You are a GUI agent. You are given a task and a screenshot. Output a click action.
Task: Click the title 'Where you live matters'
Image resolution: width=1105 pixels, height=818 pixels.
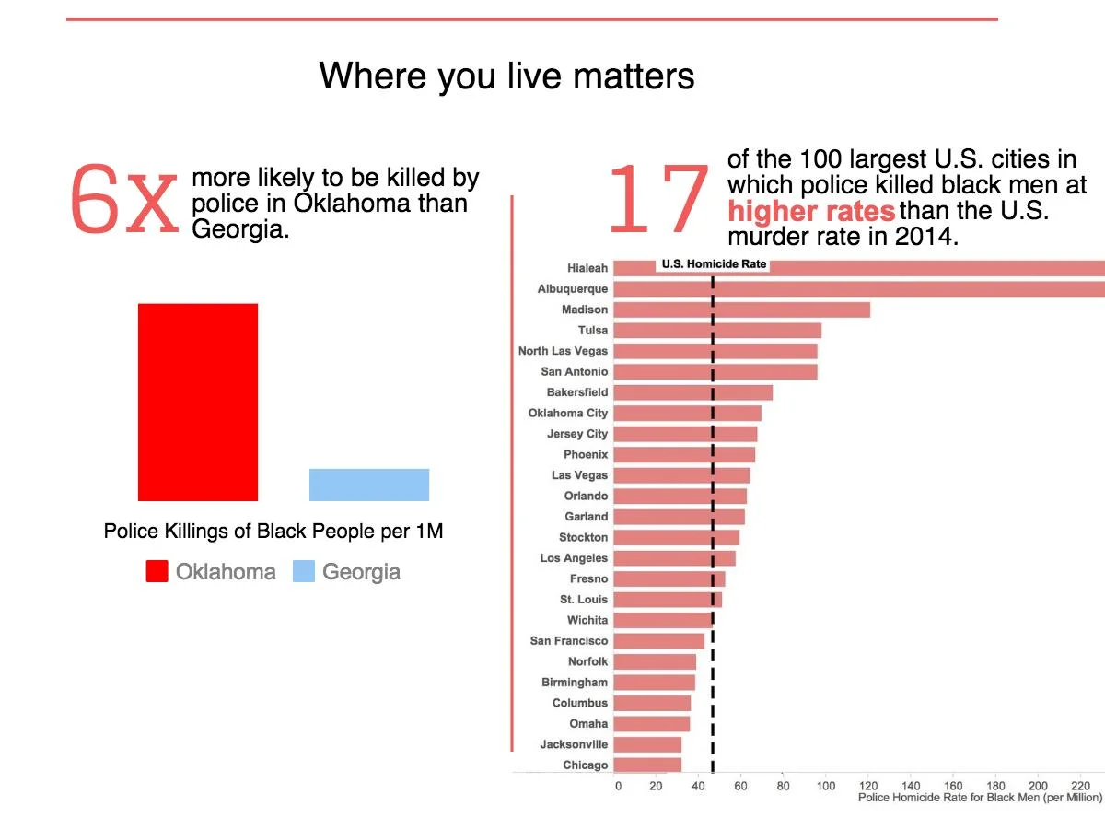click(x=506, y=76)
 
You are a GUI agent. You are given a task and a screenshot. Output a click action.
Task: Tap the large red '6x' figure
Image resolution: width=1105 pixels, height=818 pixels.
click(x=122, y=199)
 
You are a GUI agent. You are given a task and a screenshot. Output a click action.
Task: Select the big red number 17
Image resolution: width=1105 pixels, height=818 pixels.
click(x=657, y=199)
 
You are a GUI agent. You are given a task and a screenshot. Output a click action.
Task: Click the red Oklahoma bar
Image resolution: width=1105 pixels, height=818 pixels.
click(x=198, y=402)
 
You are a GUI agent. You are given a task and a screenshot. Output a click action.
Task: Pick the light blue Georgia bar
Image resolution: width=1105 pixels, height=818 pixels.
click(x=368, y=485)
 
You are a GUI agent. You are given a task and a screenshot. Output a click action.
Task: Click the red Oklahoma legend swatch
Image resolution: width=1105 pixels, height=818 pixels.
click(x=157, y=572)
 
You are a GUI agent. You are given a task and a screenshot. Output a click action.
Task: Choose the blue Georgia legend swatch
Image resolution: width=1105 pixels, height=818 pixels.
click(x=304, y=572)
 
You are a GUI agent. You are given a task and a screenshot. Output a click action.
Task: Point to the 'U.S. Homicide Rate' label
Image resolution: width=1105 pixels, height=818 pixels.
click(x=714, y=264)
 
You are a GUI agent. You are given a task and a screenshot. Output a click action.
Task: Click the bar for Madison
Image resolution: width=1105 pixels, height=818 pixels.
click(x=741, y=310)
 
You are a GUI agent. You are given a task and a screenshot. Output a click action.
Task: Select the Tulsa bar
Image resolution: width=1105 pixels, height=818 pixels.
click(x=717, y=330)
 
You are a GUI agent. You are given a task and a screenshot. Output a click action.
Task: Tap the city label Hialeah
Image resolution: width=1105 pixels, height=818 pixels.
click(x=587, y=268)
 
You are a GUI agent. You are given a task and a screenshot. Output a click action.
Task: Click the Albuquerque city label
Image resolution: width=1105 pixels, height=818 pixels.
click(x=573, y=289)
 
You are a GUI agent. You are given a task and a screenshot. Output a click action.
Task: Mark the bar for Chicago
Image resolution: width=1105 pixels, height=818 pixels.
click(x=647, y=765)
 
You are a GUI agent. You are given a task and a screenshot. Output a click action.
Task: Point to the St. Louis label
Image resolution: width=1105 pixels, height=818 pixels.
click(x=584, y=600)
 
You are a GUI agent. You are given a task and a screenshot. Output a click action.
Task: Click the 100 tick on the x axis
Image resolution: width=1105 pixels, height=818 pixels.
click(x=826, y=786)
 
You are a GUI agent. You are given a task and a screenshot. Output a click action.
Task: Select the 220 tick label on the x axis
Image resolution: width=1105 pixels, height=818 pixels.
click(x=1080, y=786)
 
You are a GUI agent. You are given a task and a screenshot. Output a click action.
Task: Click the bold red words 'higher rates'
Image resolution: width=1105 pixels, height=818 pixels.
click(x=811, y=212)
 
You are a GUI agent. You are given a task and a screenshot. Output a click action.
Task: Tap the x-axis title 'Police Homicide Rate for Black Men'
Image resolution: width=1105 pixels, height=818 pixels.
click(x=980, y=798)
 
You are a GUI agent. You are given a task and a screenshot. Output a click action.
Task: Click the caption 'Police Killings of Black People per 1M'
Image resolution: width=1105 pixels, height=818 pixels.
click(x=273, y=532)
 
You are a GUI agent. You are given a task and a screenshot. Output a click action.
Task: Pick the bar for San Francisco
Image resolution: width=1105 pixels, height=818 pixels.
click(x=658, y=640)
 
